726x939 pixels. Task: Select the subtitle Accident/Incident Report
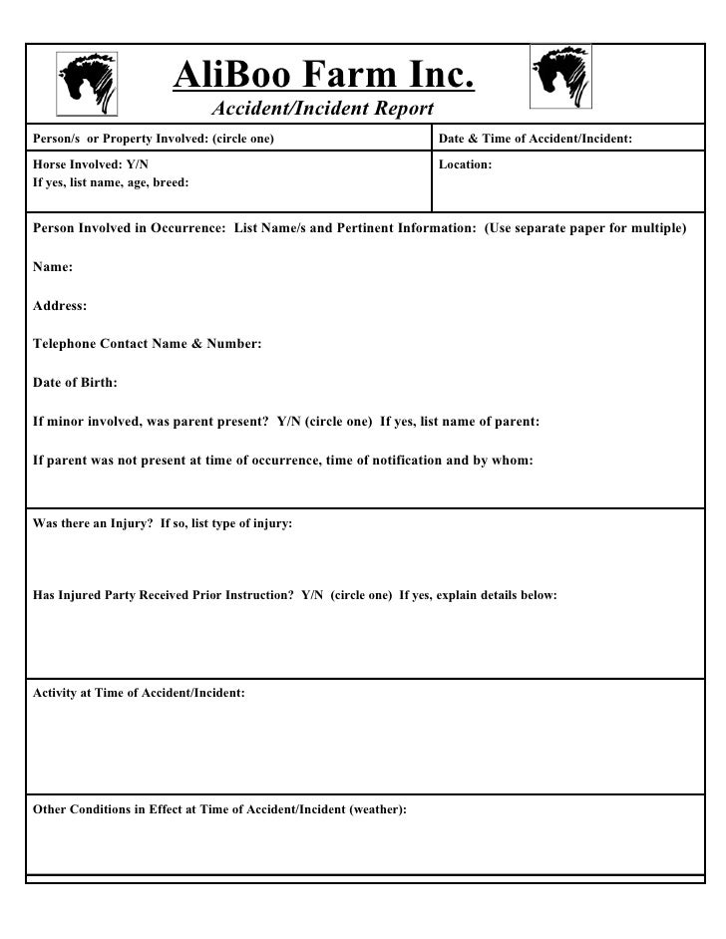[322, 109]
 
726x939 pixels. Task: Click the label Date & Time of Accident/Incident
[536, 139]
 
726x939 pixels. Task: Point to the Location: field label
[465, 163]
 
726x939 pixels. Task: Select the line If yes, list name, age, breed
[111, 183]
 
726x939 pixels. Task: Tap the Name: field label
[53, 267]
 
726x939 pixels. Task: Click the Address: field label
[60, 306]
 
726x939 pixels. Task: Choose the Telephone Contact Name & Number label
[148, 344]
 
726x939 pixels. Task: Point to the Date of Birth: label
[76, 383]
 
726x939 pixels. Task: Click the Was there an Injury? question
[163, 523]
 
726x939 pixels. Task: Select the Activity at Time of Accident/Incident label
[139, 692]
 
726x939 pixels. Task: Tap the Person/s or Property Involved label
[154, 139]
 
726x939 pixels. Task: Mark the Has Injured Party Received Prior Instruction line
[295, 595]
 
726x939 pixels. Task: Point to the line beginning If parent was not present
[283, 461]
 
